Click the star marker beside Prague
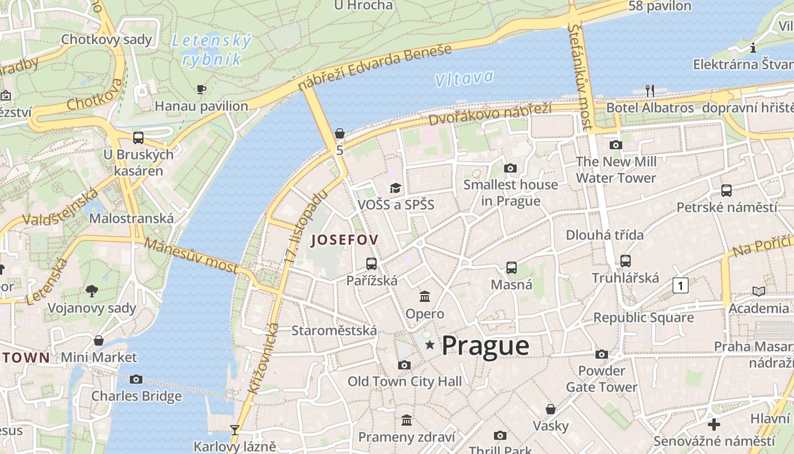pyautogui.click(x=430, y=344)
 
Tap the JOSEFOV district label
pyautogui.click(x=344, y=239)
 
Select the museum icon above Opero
pyautogui.click(x=425, y=296)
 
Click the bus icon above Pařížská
pyautogui.click(x=371, y=263)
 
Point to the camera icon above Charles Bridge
pyautogui.click(x=136, y=379)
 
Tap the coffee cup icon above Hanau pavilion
pyautogui.click(x=201, y=89)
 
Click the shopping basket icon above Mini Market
pyautogui.click(x=99, y=340)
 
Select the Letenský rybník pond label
pyautogui.click(x=211, y=49)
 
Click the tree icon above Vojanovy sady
pyautogui.click(x=92, y=291)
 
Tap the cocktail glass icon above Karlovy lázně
pyautogui.click(x=234, y=430)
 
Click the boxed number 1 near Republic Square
pyautogui.click(x=680, y=285)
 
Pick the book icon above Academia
pyautogui.click(x=758, y=291)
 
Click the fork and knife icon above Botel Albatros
pyautogui.click(x=650, y=90)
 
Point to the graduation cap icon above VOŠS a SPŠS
pyautogui.click(x=395, y=188)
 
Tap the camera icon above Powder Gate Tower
pyautogui.click(x=602, y=355)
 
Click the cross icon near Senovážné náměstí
pyautogui.click(x=714, y=424)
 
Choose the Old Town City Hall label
pyautogui.click(x=404, y=381)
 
